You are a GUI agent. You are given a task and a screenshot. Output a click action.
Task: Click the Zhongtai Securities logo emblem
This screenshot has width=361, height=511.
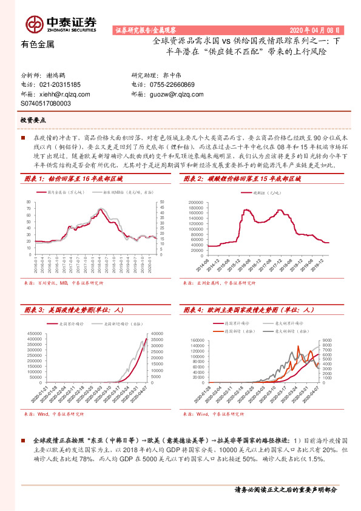(33, 24)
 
